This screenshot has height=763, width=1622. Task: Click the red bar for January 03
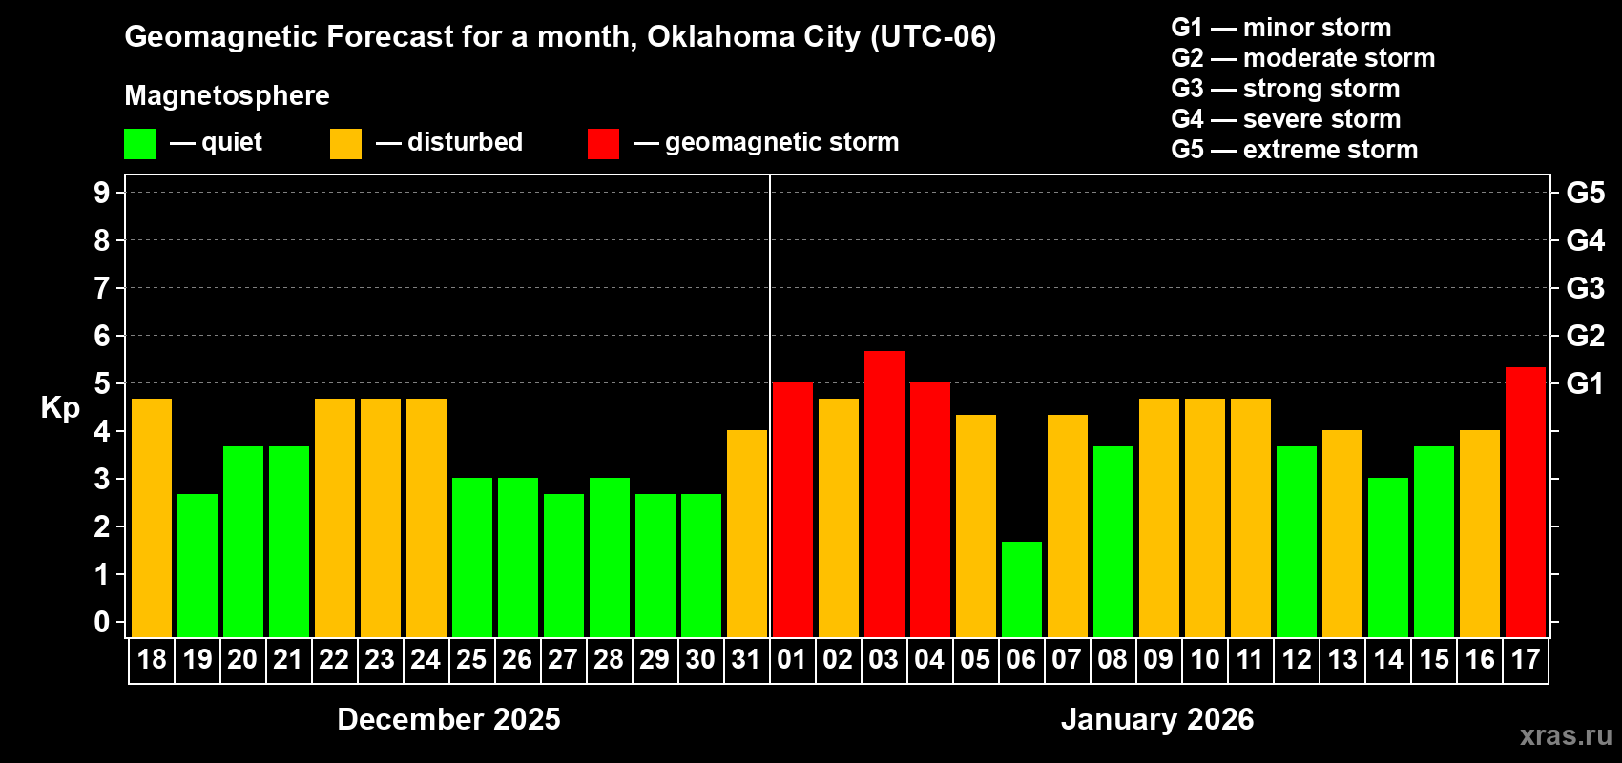(x=884, y=493)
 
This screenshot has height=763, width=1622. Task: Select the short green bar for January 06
(x=1022, y=588)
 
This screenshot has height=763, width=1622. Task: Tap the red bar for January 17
(x=1526, y=502)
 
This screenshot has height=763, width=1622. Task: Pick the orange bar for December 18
(x=152, y=517)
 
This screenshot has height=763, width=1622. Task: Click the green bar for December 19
(x=198, y=565)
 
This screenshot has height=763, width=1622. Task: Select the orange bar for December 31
(x=747, y=533)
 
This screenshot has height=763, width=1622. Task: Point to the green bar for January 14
(x=1388, y=557)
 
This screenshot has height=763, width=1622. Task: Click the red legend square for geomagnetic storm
(x=603, y=144)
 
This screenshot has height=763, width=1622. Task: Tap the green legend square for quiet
(x=140, y=144)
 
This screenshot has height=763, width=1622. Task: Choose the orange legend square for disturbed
(x=345, y=144)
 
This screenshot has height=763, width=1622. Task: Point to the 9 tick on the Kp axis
(x=102, y=193)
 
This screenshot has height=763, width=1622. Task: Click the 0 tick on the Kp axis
(x=102, y=623)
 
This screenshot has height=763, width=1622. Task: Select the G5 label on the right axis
(x=1585, y=193)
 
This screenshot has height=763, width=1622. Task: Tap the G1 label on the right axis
(x=1585, y=383)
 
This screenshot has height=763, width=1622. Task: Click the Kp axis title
(x=60, y=408)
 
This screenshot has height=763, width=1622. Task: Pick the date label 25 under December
(x=471, y=659)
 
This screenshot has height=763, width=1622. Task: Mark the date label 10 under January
(x=1205, y=659)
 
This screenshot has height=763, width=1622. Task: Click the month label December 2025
(x=448, y=719)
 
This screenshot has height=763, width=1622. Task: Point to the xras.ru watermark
(x=1566, y=735)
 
